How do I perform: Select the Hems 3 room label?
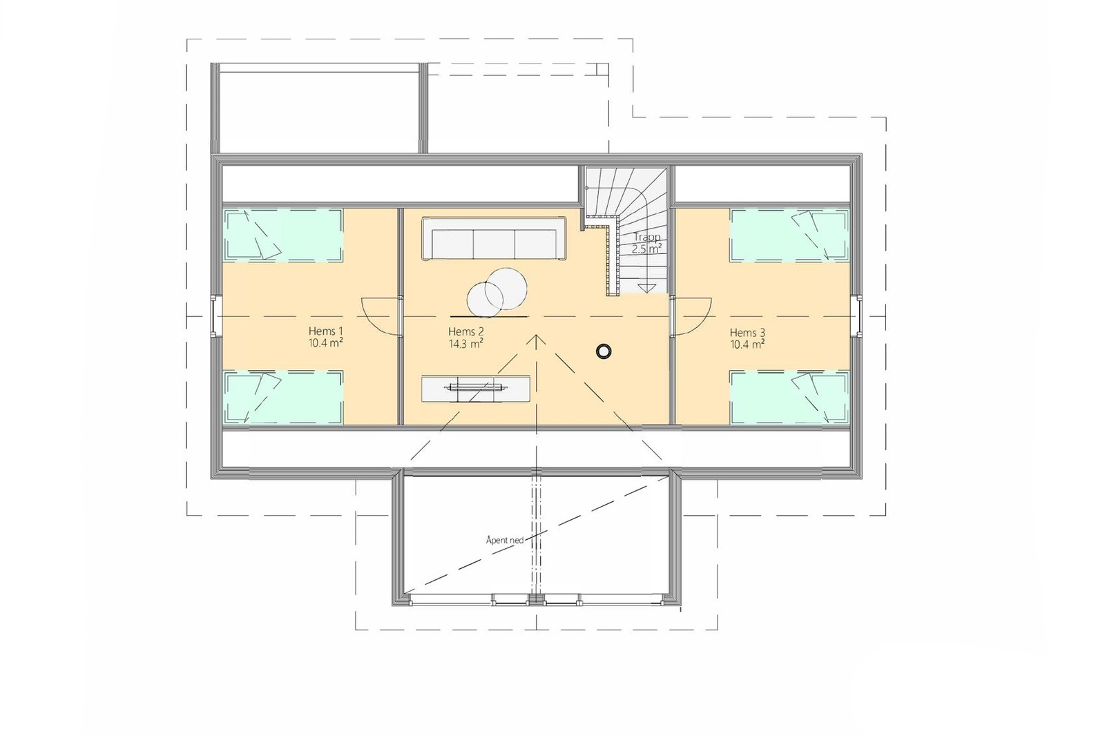[747, 332]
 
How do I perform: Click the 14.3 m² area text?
[465, 343]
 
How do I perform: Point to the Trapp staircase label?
[647, 237]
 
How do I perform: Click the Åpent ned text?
[505, 540]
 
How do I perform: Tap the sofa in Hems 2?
[494, 239]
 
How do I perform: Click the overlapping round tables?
[497, 290]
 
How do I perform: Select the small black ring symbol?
[604, 351]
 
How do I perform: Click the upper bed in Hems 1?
[284, 235]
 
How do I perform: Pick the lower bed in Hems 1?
[284, 397]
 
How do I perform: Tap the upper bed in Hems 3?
[789, 235]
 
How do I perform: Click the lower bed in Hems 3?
[789, 397]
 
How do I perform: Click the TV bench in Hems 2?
[477, 389]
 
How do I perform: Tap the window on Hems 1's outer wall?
[215, 316]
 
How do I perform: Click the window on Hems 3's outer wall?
[858, 316]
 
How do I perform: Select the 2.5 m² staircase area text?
[647, 249]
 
